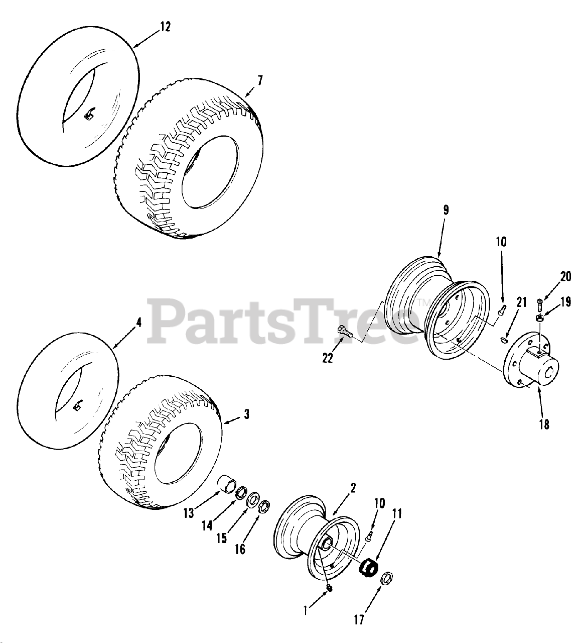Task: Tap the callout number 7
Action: click(260, 80)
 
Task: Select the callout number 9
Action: click(446, 210)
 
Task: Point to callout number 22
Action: click(328, 358)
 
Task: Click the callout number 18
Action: click(544, 424)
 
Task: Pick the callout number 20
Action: click(566, 276)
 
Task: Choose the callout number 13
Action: click(189, 513)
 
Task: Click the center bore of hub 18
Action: click(550, 373)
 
